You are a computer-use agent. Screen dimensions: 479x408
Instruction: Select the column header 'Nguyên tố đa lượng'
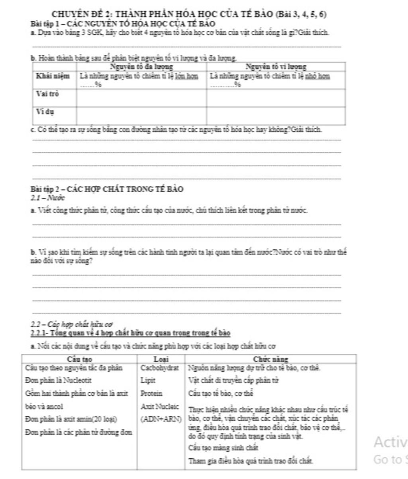pos(141,67)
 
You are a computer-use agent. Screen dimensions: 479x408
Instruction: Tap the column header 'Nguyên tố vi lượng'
pos(276,67)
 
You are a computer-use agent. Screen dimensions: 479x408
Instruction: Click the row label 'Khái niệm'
pos(53,76)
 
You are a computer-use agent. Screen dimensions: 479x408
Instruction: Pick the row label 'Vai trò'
pos(47,94)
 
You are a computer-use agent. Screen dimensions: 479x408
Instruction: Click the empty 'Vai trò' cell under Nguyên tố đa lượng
pos(141,98)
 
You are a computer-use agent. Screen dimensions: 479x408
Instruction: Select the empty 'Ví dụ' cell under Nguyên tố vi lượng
pos(276,116)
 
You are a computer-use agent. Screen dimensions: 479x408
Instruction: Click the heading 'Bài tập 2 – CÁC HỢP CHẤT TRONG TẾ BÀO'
pos(107,189)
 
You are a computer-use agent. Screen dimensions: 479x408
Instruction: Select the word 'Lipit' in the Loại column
pos(148,380)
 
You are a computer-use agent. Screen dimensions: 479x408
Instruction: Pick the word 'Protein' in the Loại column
pos(152,394)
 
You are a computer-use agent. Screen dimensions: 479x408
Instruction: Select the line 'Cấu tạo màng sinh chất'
pos(223,448)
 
